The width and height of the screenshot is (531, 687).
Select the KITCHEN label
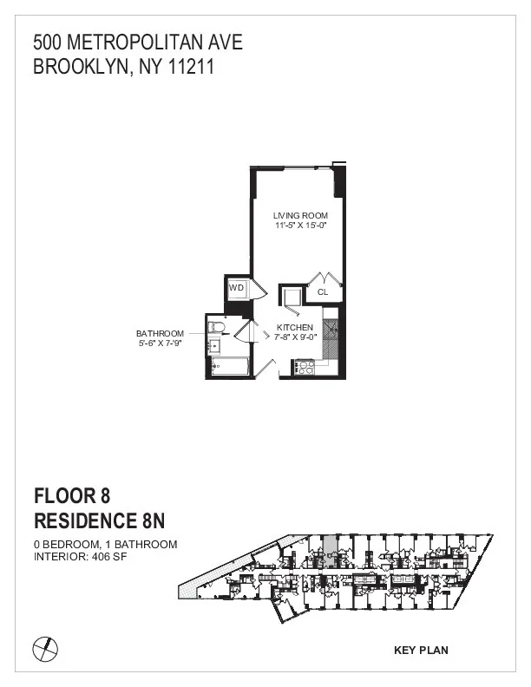coord(295,327)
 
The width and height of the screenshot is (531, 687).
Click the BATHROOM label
coord(160,333)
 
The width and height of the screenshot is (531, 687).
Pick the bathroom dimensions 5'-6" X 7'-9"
coord(160,343)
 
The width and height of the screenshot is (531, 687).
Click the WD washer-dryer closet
coord(236,288)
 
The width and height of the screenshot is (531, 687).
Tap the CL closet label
coord(323,292)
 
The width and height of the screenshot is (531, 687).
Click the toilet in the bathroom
coord(217,328)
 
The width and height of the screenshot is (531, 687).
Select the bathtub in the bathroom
coord(229,368)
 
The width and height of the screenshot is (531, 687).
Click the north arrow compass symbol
coord(44,646)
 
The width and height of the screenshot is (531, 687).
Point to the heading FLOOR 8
coord(73,496)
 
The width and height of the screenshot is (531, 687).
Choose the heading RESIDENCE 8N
coord(97,521)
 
